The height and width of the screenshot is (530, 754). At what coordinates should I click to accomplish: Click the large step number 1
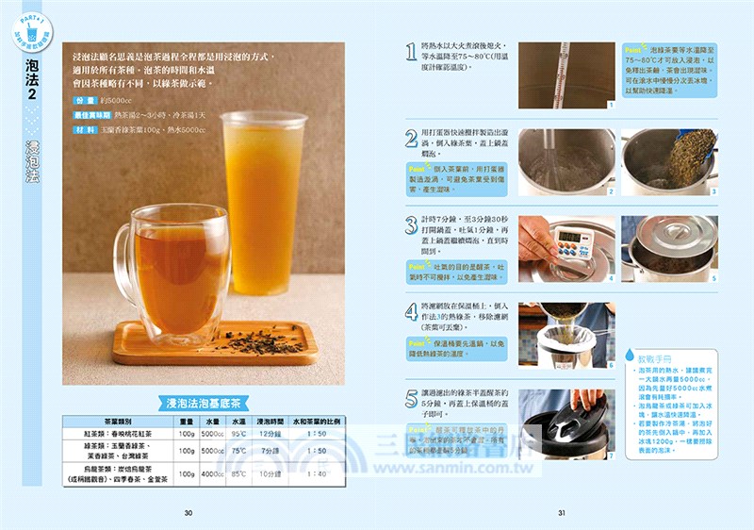coord(411,52)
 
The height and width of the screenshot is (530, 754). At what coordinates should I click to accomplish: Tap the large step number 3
coord(411,225)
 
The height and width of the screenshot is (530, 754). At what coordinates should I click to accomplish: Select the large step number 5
coord(411,398)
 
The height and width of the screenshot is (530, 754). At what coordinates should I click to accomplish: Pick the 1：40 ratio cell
coord(318,473)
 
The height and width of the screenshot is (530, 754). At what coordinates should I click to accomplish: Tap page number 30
coord(188,513)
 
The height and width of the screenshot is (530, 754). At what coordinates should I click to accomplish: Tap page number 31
coord(561,513)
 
